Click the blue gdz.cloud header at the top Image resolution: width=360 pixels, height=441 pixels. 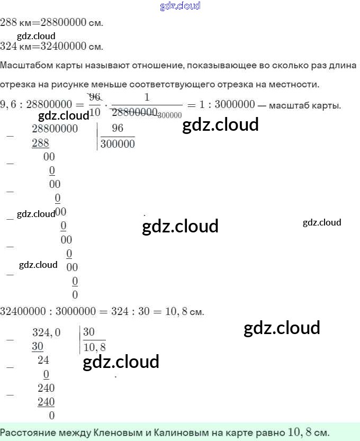tap(179, 6)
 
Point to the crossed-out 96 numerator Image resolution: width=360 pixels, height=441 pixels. tap(95, 96)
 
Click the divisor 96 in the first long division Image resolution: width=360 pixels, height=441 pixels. tap(118, 129)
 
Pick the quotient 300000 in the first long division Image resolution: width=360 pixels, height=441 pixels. tap(118, 143)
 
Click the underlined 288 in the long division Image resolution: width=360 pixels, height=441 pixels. tap(40, 143)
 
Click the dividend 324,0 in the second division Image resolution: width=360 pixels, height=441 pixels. tap(47, 332)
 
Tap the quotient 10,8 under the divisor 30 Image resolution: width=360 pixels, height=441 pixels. tap(95, 347)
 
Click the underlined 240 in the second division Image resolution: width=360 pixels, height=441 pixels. tap(46, 402)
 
